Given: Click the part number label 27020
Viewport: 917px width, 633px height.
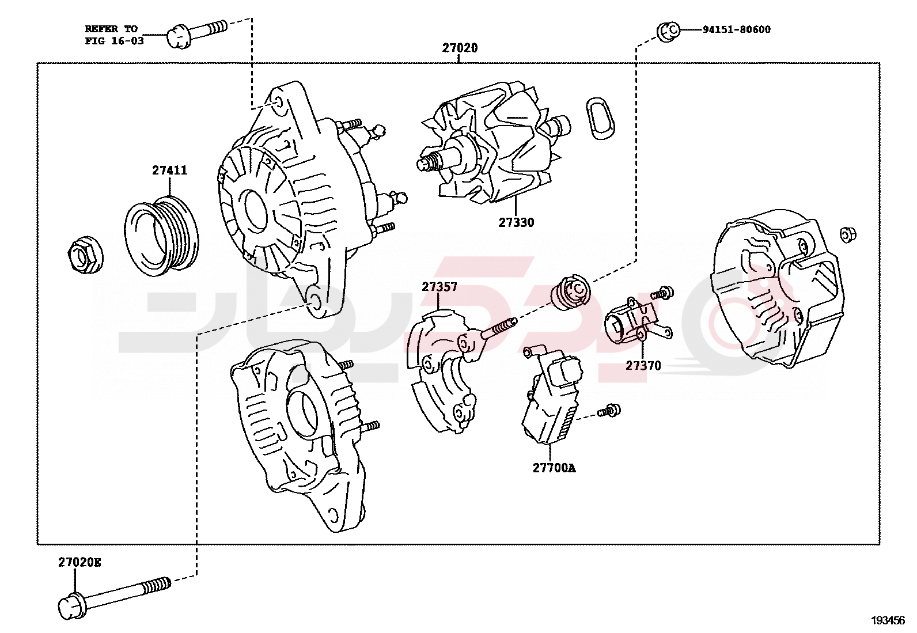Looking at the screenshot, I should coord(460,48).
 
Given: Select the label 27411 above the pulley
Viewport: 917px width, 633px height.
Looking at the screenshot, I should coord(169,170).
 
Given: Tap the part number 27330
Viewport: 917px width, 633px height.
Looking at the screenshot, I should coord(516,222).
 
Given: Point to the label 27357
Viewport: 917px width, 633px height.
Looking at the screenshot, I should coord(439,287).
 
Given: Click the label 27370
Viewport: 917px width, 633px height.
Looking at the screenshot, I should coord(643,366).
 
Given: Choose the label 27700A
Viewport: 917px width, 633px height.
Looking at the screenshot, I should coord(554,468).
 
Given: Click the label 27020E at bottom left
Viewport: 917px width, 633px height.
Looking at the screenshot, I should coord(79,562).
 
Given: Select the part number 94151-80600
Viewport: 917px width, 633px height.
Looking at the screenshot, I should coord(736,29).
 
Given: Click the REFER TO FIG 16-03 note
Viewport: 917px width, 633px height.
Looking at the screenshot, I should coord(113,35).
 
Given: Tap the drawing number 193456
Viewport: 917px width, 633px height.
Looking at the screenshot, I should coord(888,620).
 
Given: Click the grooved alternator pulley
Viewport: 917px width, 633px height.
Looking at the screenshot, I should coord(162,236).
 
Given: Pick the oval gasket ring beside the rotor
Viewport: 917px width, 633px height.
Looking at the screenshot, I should coord(600,118).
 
